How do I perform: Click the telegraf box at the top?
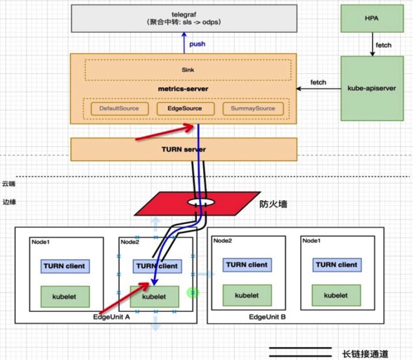[184, 18]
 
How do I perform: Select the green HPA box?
[372, 18]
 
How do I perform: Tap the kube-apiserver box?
[372, 88]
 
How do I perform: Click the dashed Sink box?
[188, 70]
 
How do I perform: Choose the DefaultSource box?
[120, 108]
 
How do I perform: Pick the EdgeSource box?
[186, 108]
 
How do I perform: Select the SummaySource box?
[253, 108]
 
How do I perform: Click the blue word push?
[197, 44]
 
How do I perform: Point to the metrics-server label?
[183, 89]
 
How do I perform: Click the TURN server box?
[184, 149]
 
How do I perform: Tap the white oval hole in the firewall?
[201, 202]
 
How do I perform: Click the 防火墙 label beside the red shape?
[273, 204]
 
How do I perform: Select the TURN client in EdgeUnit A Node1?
[65, 266]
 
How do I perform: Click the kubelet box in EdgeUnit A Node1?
[65, 297]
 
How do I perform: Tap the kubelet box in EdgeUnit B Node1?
[336, 295]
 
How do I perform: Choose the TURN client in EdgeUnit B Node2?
[247, 265]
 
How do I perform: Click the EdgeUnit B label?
[267, 317]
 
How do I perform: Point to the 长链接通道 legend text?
[365, 354]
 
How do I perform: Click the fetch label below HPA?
[383, 45]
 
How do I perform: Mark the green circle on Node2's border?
[193, 293]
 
